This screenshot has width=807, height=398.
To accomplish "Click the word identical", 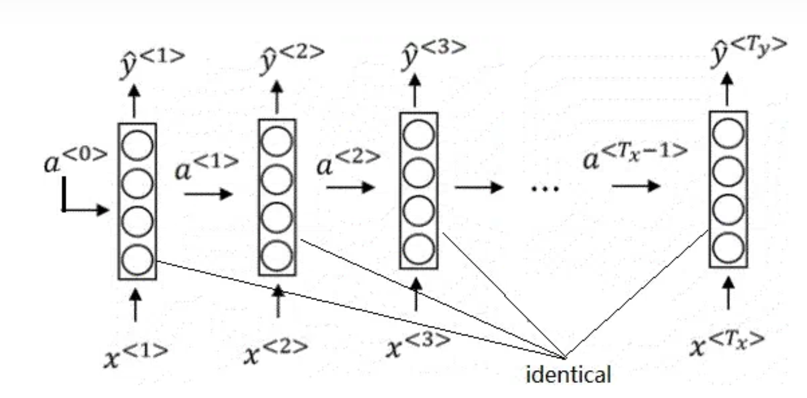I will click(568, 374).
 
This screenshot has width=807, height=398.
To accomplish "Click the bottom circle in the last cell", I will click(728, 248).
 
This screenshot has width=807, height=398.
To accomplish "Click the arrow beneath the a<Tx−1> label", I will click(635, 186).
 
